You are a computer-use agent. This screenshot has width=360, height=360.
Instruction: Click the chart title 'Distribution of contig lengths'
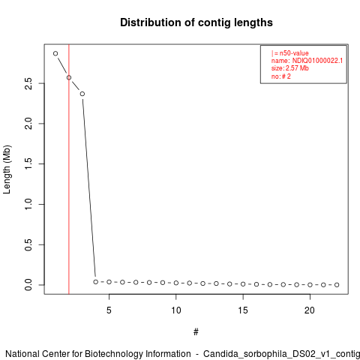click(196, 22)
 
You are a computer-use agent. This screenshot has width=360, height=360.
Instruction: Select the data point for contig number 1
click(55, 53)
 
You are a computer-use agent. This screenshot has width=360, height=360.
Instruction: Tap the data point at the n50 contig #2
click(69, 78)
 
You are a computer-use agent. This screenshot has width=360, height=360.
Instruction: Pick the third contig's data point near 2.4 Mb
click(82, 94)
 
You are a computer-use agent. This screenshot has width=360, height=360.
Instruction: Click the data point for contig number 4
click(96, 282)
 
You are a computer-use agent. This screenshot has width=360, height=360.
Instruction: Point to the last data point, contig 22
click(337, 285)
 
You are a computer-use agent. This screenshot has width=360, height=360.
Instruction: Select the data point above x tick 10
click(176, 283)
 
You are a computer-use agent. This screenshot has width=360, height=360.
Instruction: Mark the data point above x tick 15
click(243, 284)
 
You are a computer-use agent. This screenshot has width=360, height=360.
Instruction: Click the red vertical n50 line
click(69, 169)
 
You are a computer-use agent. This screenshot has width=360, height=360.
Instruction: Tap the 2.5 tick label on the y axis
click(28, 83)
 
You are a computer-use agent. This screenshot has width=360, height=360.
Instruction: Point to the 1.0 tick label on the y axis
click(28, 204)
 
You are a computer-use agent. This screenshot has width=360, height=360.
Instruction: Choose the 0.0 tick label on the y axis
click(28, 285)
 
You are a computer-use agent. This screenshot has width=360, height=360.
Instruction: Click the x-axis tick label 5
click(109, 310)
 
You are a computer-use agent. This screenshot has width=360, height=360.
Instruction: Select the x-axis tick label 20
click(310, 310)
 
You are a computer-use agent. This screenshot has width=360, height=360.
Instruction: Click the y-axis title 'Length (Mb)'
click(7, 169)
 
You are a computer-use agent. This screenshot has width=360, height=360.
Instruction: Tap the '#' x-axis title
click(196, 332)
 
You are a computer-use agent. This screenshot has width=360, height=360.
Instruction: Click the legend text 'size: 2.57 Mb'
click(290, 68)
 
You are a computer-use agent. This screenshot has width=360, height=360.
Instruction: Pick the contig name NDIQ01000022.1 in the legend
click(317, 61)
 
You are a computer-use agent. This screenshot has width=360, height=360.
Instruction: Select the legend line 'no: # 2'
click(281, 76)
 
